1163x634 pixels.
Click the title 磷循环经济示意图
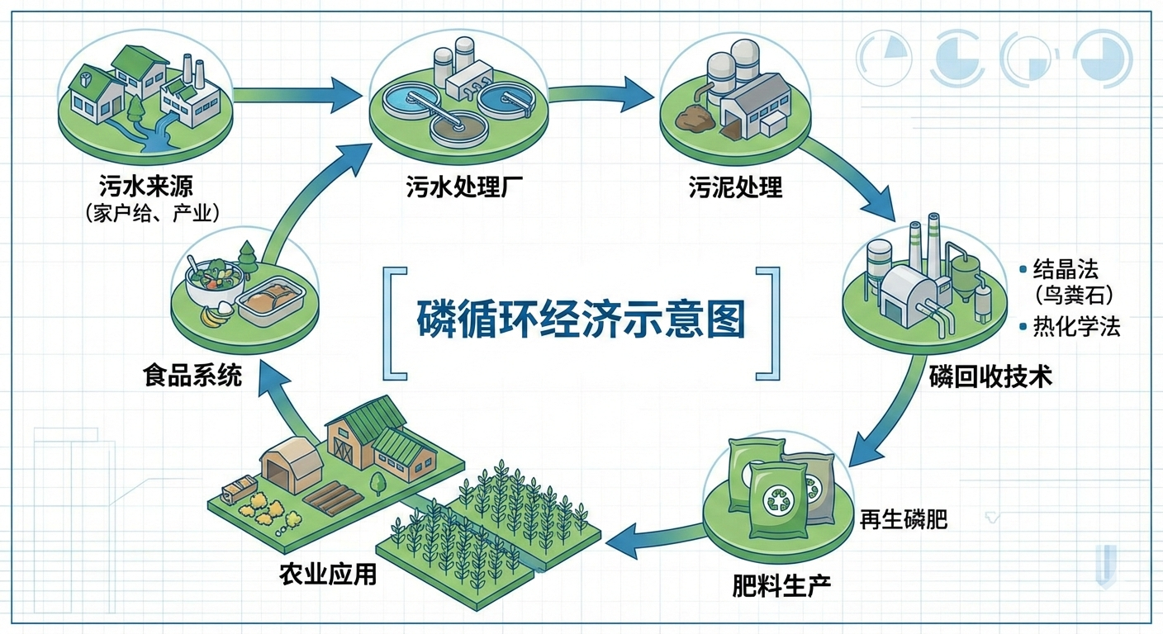coord(580,319)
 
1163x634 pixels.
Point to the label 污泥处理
coord(735,187)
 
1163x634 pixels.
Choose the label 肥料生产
coord(781,585)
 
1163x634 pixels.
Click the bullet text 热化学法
coord(1076,327)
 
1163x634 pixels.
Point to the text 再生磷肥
coord(903,519)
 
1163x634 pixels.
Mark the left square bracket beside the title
coord(394,322)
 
